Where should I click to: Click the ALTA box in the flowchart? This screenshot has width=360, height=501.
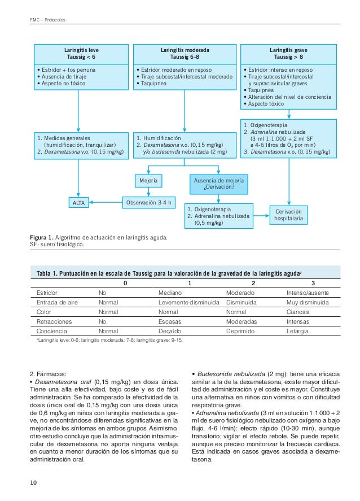[79, 202]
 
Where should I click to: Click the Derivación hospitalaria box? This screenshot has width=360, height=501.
[288, 214]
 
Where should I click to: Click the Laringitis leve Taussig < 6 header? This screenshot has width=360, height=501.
[79, 54]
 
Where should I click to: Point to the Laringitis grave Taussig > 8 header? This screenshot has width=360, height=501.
[288, 54]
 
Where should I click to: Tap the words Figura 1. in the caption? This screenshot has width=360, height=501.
[44, 237]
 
